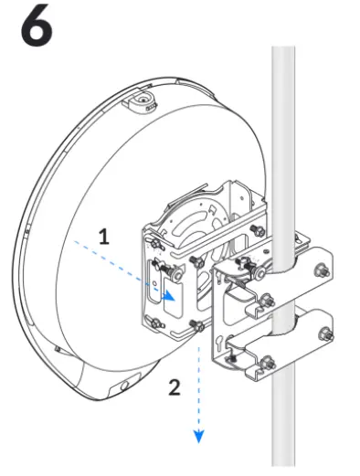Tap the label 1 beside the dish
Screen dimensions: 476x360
click(x=104, y=236)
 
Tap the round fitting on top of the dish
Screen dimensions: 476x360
click(x=141, y=98)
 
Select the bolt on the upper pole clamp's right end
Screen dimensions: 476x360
click(x=323, y=270)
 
